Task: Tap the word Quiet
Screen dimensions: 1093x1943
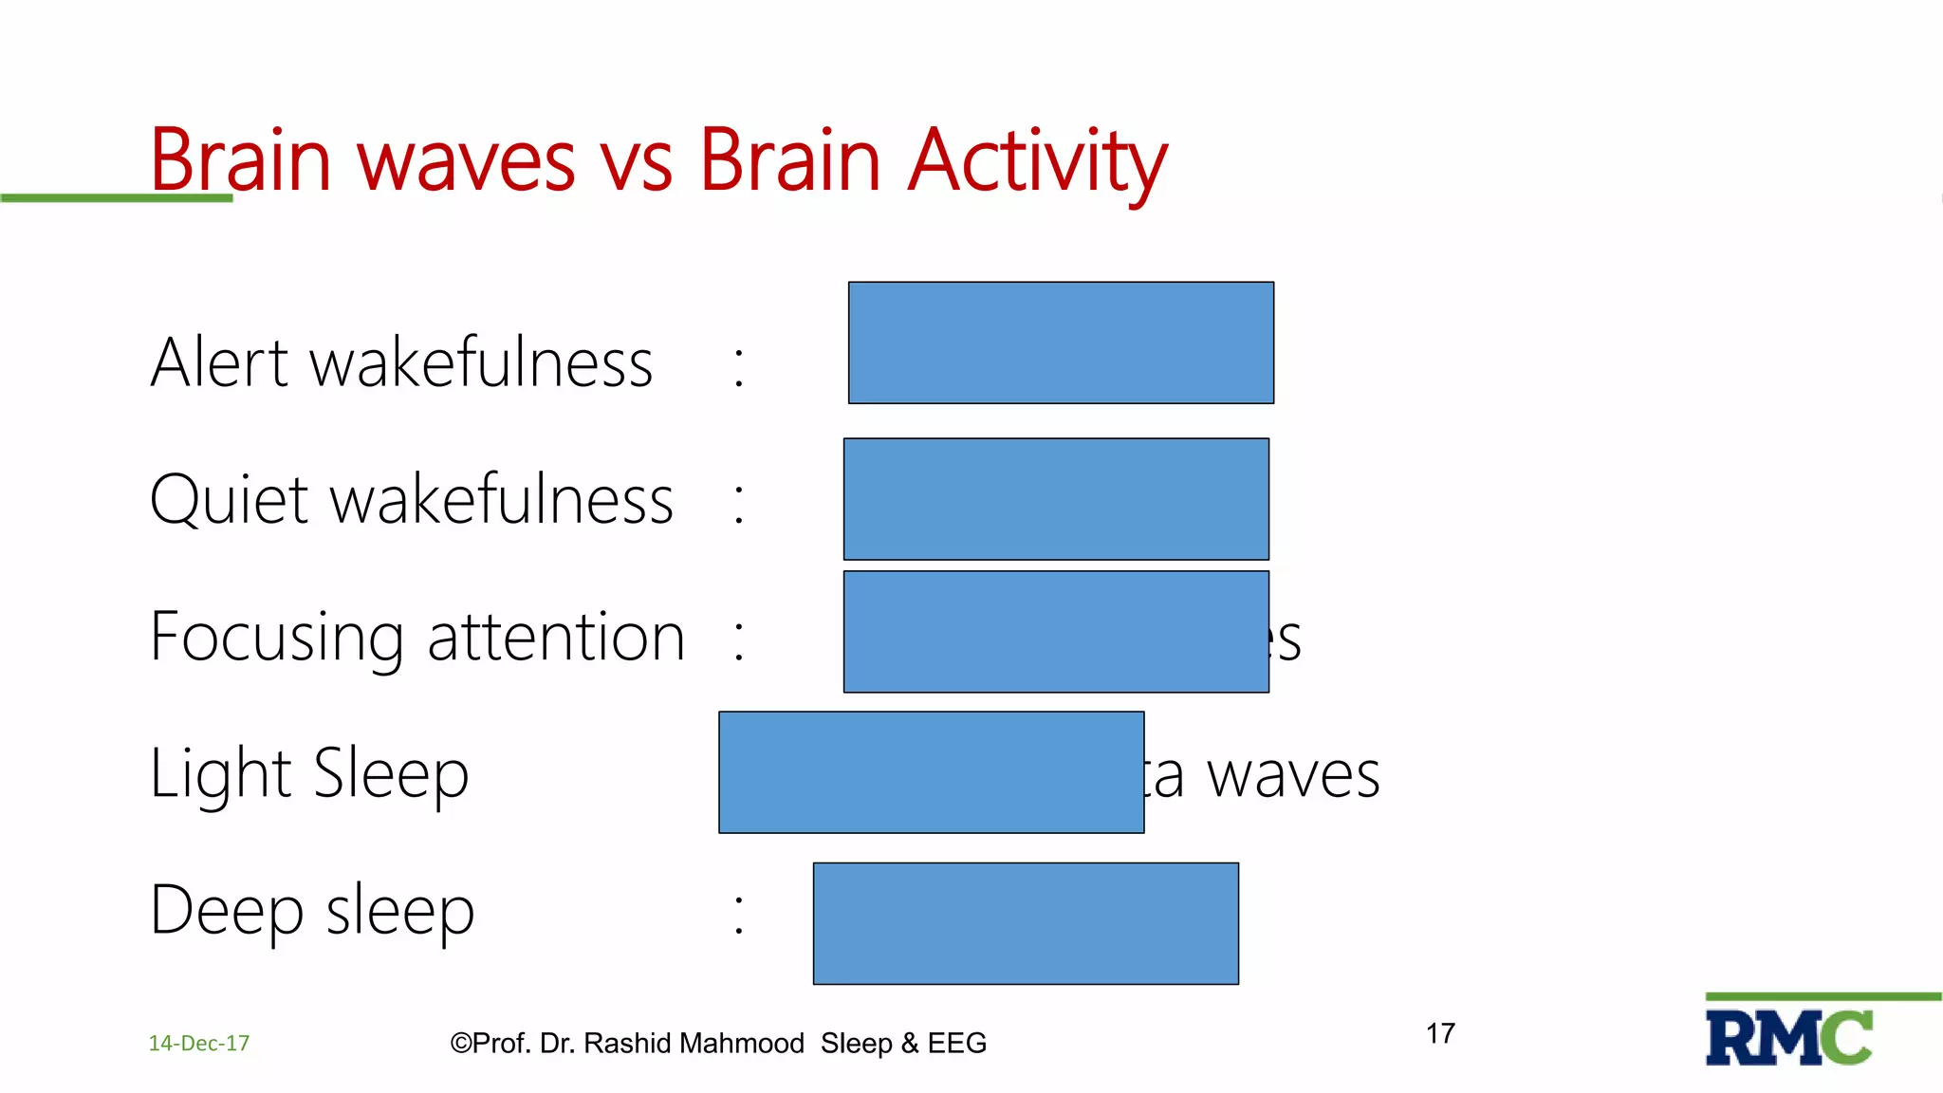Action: (230, 500)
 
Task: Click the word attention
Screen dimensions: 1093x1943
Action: (556, 638)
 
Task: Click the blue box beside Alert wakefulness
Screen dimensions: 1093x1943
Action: (1061, 343)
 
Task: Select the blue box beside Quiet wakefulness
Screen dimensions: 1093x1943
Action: (1056, 499)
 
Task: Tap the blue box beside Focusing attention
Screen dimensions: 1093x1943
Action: (1056, 632)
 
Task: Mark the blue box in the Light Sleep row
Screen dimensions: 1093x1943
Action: (931, 772)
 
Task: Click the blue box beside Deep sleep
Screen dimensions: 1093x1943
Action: (1026, 923)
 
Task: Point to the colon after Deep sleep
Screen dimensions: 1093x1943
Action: (739, 914)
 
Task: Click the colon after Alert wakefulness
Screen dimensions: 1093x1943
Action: (739, 366)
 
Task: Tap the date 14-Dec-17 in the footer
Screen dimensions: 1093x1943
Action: (199, 1044)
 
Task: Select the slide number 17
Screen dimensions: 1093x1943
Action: (1440, 1033)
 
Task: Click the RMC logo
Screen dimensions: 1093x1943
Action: (1788, 1038)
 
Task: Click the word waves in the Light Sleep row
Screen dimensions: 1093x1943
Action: (1292, 776)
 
